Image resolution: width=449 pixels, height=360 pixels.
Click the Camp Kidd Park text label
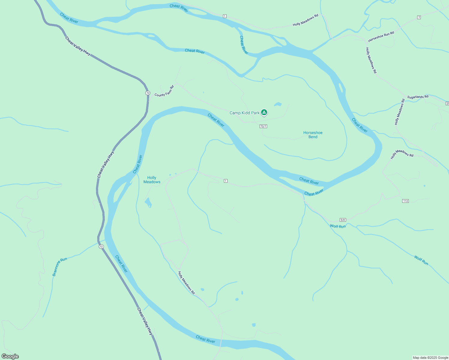244,113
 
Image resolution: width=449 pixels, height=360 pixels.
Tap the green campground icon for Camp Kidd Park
264,112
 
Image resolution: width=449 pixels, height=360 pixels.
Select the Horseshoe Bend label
313,135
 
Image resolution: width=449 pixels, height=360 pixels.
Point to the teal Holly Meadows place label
152,180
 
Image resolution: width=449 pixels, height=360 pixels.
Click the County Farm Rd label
164,91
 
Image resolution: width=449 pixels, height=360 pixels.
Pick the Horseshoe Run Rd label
381,37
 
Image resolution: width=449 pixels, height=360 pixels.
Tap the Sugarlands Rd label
417,97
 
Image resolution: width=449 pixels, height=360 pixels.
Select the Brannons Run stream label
59,266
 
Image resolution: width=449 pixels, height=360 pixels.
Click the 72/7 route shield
263,126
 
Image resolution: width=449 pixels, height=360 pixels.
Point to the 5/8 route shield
343,220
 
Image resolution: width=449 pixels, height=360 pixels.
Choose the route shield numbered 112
405,201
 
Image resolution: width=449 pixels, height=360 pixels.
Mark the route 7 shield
419,17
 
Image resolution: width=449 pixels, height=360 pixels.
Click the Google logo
10,356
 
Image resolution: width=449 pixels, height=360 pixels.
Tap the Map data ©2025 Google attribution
430,358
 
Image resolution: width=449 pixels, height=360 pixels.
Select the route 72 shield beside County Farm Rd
148,93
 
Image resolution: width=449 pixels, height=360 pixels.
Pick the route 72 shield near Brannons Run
101,247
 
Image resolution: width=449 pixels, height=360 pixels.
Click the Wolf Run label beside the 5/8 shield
338,226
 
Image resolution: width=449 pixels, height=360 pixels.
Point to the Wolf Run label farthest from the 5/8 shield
421,260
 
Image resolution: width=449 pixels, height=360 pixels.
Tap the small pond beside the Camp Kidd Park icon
278,104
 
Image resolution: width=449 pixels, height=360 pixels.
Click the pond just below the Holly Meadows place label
148,203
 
